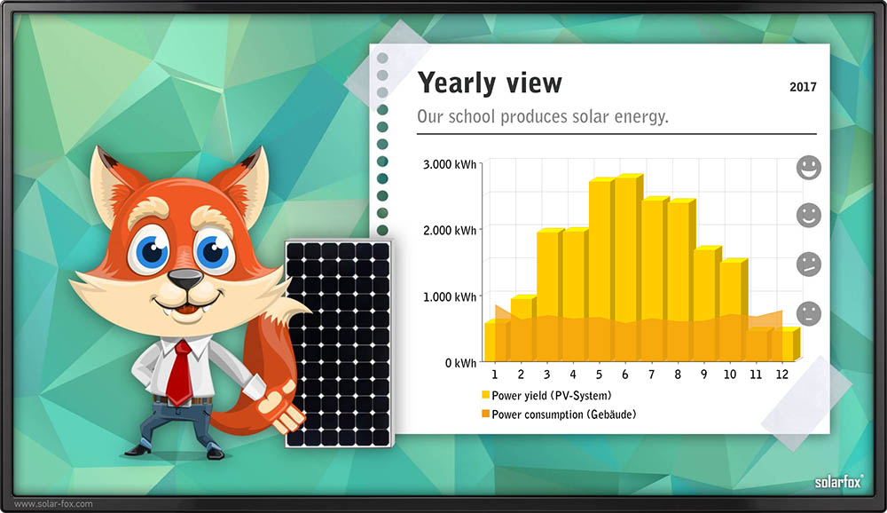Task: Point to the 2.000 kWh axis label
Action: pos(450,230)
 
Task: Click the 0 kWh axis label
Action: pos(460,363)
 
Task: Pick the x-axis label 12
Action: pos(781,375)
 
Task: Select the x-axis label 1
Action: pos(494,375)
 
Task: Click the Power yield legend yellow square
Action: pos(485,395)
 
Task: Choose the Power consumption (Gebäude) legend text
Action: pos(564,414)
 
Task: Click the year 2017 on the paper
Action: pos(804,87)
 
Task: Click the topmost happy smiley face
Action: pos(809,168)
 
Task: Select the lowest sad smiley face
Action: pos(809,313)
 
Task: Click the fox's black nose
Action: pos(185,278)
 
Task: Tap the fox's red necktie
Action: pos(180,373)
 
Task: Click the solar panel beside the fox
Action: pos(338,343)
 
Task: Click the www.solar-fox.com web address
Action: pos(53,503)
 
